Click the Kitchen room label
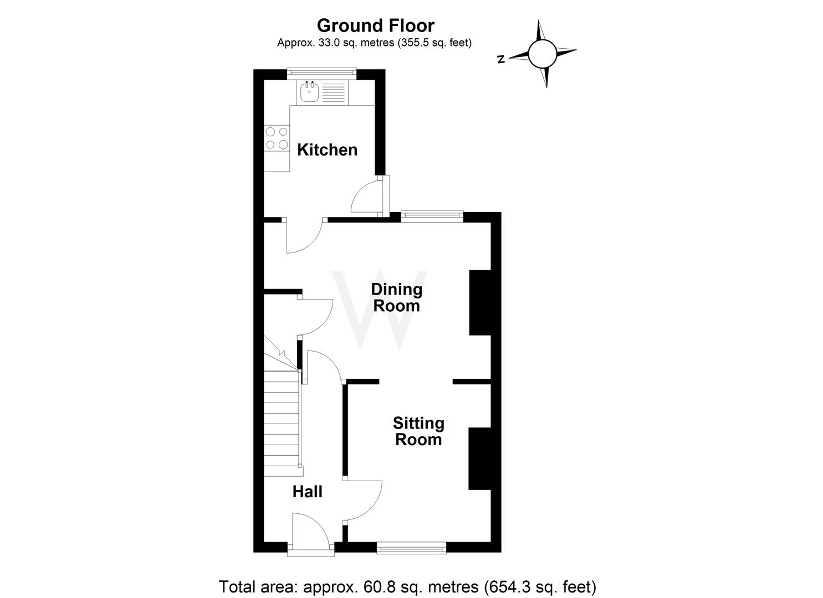tap(327, 149)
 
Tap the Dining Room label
tap(396, 297)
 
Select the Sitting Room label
tap(418, 431)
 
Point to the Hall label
tap(307, 492)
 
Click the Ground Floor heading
tap(375, 25)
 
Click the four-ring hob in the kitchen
tap(277, 138)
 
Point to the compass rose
tap(542, 54)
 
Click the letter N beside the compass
tap(500, 59)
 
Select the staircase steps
tap(282, 421)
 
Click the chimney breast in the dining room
tap(480, 302)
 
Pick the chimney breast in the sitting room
tap(480, 458)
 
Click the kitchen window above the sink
tap(321, 71)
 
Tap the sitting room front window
tap(411, 548)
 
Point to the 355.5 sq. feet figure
tap(434, 43)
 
